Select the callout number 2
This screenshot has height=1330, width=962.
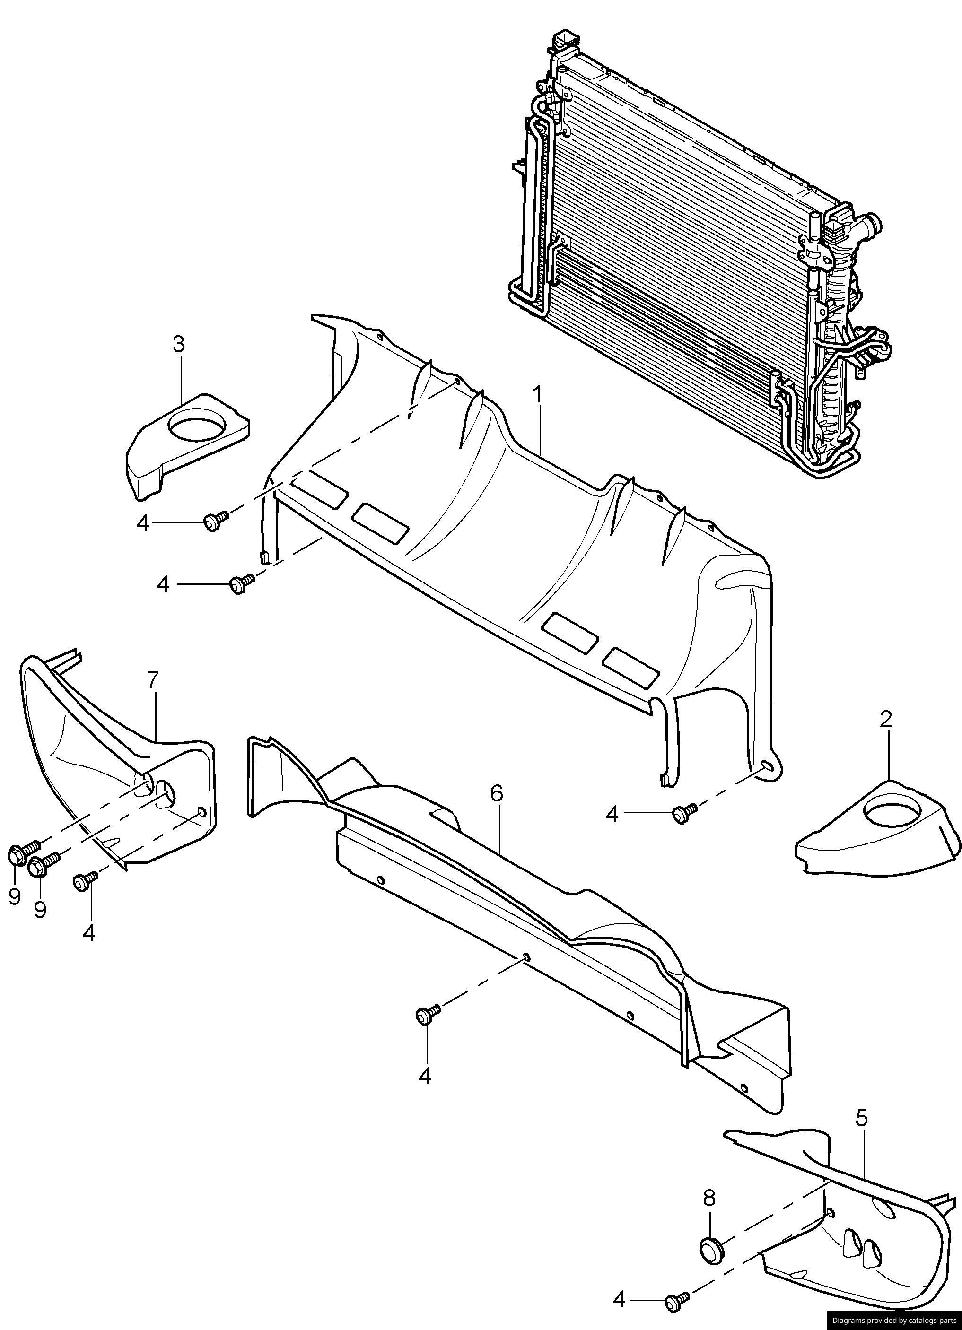886,720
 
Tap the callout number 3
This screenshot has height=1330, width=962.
179,344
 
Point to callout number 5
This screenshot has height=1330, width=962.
861,1118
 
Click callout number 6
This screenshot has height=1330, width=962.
496,793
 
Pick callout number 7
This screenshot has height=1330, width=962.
152,680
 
